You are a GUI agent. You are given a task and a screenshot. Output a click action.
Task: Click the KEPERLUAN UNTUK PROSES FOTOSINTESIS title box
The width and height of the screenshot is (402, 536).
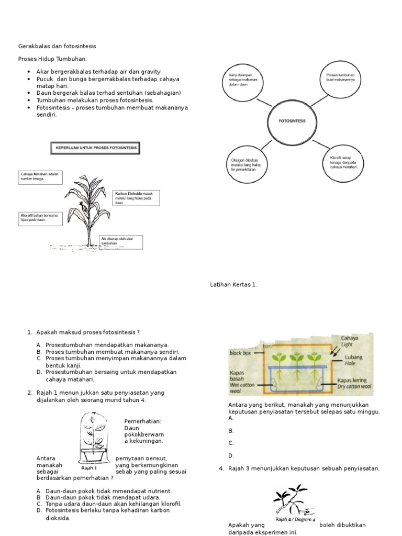tap(95, 148)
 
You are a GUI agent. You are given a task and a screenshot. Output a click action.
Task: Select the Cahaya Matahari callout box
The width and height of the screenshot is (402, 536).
tap(40, 177)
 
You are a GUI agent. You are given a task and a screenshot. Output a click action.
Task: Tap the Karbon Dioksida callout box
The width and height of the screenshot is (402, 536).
tap(136, 198)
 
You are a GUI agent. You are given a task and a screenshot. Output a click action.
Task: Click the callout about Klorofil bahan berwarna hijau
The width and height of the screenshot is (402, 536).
tap(40, 218)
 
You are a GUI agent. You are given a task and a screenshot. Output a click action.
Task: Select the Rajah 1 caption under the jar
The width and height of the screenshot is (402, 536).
tap(89, 468)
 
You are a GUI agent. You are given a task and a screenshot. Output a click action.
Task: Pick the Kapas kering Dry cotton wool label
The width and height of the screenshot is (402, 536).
tap(354, 384)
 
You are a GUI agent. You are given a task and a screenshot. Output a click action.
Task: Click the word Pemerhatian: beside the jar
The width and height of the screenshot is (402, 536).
tap(143, 421)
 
